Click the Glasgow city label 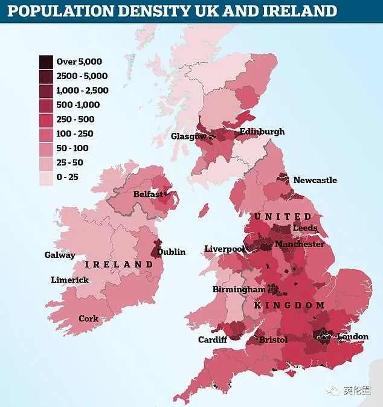(x=188, y=136)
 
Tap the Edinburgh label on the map (x=262, y=132)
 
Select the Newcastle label (x=315, y=180)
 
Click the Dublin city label (x=172, y=252)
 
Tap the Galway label (x=60, y=255)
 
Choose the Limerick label (x=69, y=280)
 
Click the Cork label (x=88, y=318)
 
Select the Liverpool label (x=224, y=249)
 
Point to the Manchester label (x=299, y=244)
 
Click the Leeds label (x=304, y=228)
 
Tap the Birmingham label (x=239, y=289)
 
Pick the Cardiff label (x=213, y=339)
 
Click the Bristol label (x=273, y=340)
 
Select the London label (x=352, y=336)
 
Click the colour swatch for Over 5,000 (x=46, y=61)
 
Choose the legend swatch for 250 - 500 (x=46, y=119)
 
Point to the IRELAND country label (x=119, y=264)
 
